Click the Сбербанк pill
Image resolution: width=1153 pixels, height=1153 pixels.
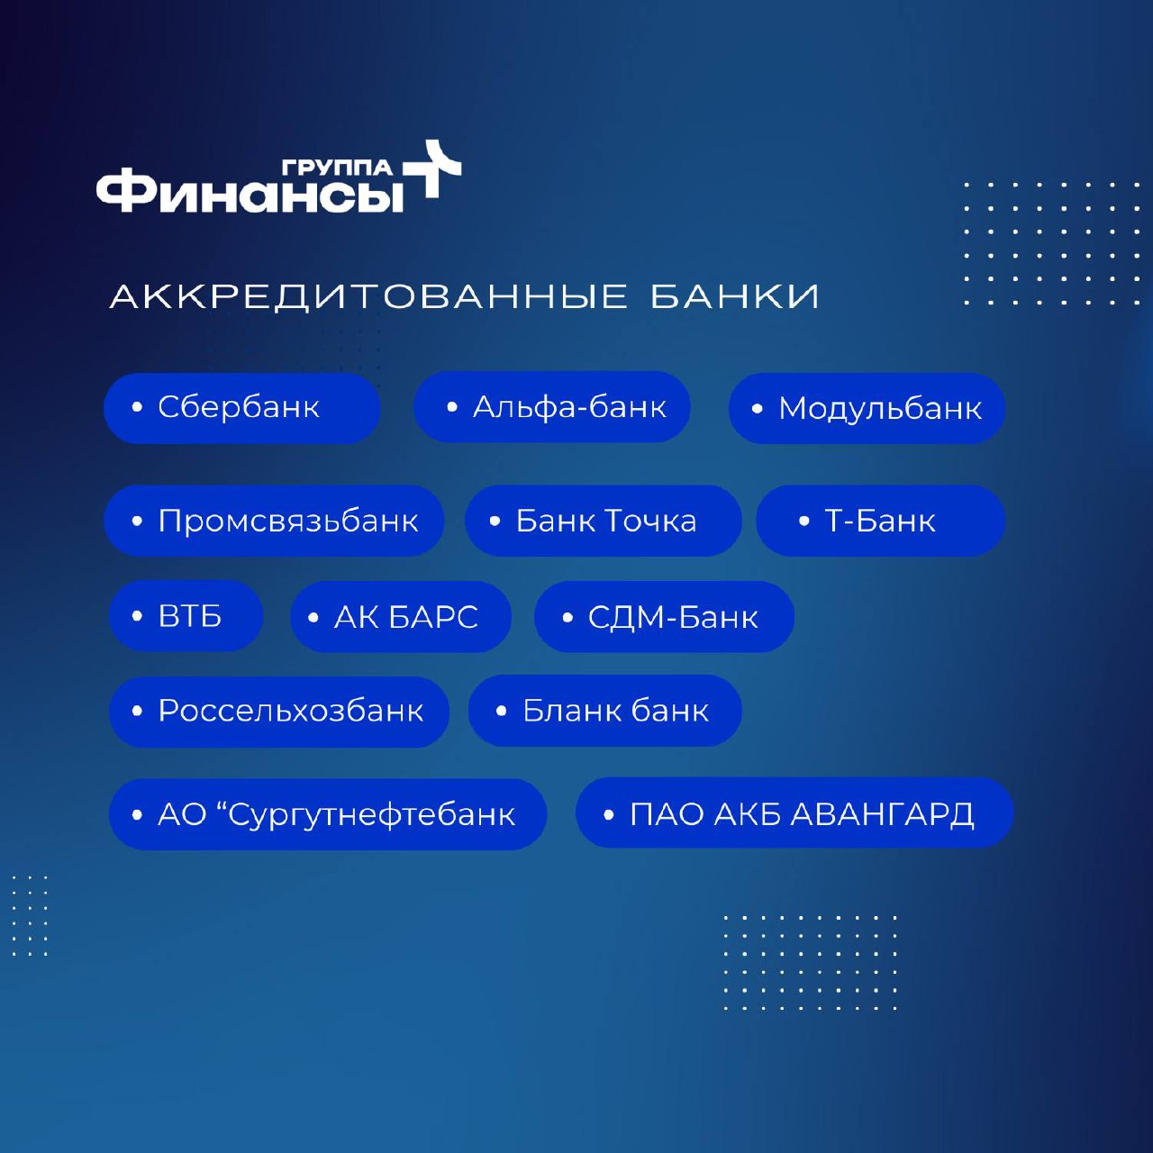pos(241,408)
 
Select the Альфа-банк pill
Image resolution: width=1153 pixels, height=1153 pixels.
pos(551,407)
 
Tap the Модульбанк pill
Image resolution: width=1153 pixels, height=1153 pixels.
pos(867,409)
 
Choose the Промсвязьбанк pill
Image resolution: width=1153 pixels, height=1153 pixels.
pos(274,521)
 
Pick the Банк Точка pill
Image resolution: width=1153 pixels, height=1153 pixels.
pos(604,521)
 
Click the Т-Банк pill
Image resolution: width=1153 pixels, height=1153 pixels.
pos(881,521)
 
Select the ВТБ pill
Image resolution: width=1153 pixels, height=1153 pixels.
pos(186,616)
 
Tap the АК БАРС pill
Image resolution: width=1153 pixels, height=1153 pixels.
pos(401,617)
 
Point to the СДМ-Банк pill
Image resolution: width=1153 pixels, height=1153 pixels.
pos(664,617)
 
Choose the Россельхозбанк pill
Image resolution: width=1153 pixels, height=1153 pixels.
pos(279,712)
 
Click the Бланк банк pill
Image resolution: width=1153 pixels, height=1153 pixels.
pos(605,710)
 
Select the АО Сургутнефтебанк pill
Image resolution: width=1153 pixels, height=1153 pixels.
pos(328,814)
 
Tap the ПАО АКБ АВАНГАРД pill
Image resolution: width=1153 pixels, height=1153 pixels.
pos(794,813)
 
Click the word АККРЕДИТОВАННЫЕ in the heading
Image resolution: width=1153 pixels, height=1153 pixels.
pos(368,296)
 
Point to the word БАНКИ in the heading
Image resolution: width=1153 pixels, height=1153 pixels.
pos(735,296)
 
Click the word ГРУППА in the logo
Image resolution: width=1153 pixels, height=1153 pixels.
pos(337,168)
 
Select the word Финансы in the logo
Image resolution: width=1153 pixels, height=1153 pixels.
pos(250,195)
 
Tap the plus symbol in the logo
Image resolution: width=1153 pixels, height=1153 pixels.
pos(432,168)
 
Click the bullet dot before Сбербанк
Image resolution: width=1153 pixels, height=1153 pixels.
pos(137,407)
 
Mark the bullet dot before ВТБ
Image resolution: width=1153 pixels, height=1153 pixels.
pos(137,616)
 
